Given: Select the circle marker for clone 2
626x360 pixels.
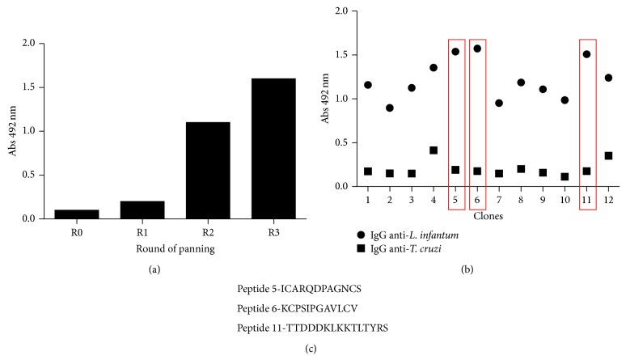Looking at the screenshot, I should pos(390,108).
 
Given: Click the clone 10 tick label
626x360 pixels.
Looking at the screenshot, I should pos(565,200).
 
